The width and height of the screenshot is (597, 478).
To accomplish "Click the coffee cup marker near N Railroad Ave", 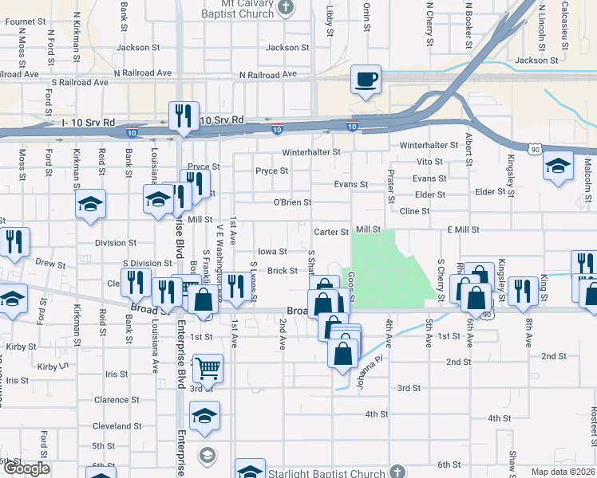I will [366, 80].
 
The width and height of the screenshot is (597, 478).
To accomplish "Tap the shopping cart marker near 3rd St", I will [208, 368].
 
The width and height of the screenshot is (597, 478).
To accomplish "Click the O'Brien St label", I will [292, 202].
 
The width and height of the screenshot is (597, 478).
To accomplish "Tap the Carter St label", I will [332, 233].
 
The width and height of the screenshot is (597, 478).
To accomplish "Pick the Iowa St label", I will [271, 252].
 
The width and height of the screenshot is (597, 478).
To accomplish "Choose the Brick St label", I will [283, 271].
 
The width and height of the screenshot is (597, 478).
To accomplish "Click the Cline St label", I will [414, 211].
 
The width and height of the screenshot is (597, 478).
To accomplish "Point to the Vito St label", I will [429, 162].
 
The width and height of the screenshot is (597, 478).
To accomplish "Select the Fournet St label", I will [22, 22].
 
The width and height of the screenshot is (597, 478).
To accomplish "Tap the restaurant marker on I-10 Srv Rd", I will [183, 117].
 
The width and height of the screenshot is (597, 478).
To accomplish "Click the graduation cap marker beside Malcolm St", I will [556, 166].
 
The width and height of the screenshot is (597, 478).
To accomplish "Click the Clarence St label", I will [117, 400].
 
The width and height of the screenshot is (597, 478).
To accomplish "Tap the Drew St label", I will [49, 262].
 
